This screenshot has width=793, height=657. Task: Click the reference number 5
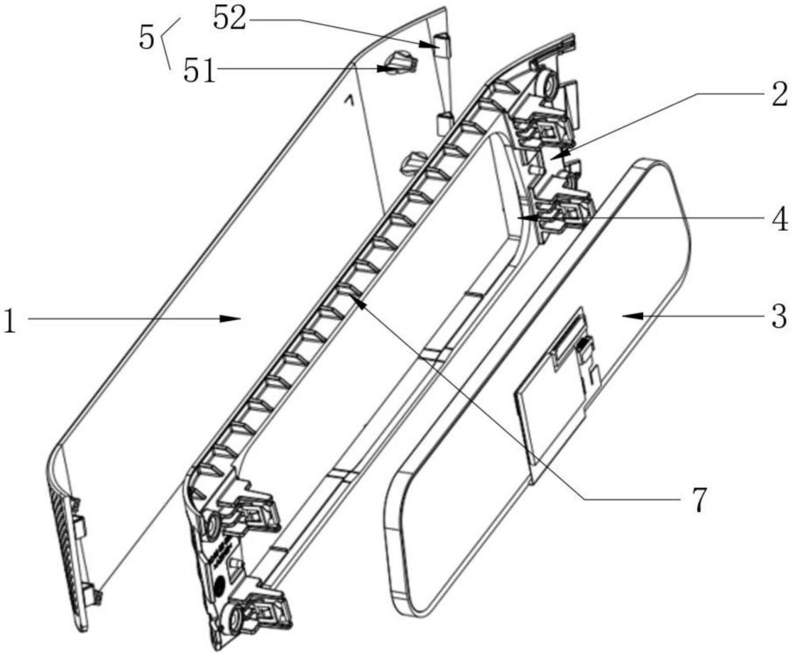pos(146,36)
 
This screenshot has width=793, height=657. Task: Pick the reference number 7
pos(697,500)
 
